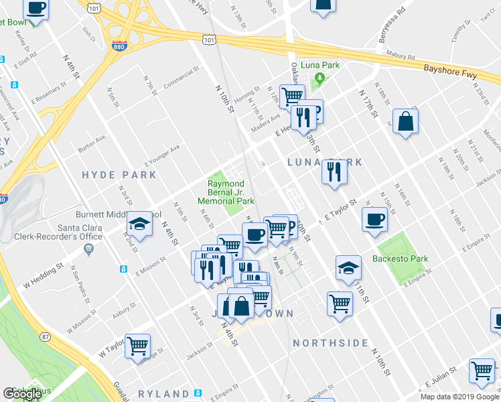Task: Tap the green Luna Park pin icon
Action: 320,78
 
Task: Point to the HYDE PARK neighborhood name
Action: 119,175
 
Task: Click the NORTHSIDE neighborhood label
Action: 330,343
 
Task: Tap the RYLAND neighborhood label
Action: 164,393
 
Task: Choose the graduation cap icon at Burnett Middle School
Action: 139,224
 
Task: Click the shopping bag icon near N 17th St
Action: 405,121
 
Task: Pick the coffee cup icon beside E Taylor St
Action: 374,219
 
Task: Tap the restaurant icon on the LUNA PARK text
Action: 333,172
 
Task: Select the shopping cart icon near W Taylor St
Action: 138,346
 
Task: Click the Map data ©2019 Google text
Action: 459,397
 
